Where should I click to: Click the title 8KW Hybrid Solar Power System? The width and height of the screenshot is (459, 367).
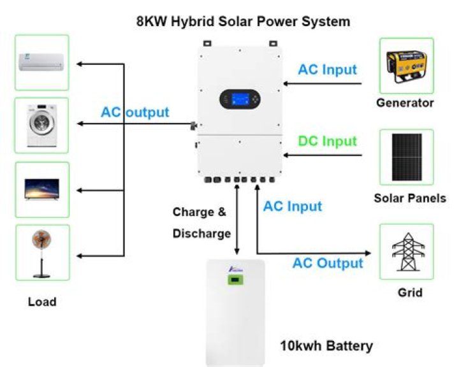click(x=244, y=21)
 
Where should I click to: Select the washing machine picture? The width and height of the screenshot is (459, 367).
click(x=41, y=125)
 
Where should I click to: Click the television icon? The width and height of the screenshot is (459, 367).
click(x=41, y=189)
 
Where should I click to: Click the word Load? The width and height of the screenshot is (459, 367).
click(x=42, y=302)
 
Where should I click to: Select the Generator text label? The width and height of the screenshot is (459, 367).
click(x=405, y=103)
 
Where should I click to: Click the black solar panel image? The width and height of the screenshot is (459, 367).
click(x=406, y=157)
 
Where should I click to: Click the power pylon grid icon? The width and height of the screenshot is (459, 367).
click(x=406, y=251)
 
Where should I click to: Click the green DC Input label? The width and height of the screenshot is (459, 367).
click(x=328, y=140)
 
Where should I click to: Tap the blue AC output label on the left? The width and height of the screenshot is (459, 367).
click(x=135, y=113)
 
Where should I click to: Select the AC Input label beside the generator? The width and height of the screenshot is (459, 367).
click(x=328, y=69)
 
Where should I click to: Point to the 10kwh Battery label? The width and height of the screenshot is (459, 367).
click(x=326, y=347)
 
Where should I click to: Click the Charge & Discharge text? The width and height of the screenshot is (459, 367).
click(x=201, y=222)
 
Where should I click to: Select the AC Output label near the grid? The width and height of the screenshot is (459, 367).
click(x=328, y=263)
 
